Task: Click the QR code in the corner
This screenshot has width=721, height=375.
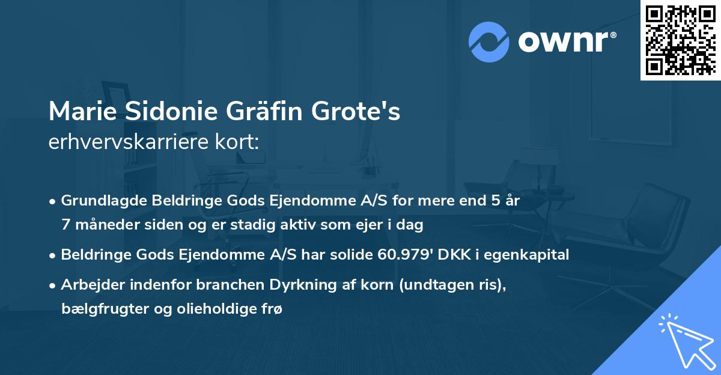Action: point(680,40)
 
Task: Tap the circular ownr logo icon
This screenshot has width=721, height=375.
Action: point(489,41)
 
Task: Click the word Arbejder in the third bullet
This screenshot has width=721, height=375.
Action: point(88,284)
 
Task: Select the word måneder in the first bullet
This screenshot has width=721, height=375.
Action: point(105,225)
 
